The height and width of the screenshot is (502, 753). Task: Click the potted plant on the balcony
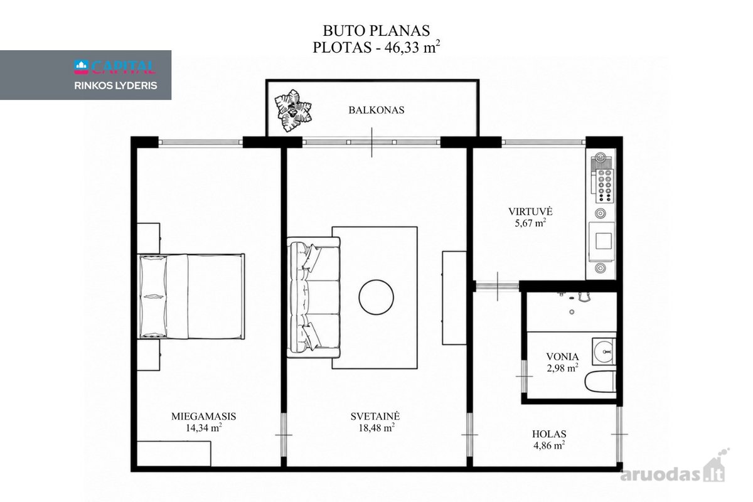pyautogui.click(x=293, y=110)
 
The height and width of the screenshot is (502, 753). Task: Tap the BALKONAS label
pyautogui.click(x=376, y=110)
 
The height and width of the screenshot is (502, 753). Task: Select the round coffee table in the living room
pyautogui.click(x=376, y=297)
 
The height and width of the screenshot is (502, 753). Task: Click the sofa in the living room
pyautogui.click(x=313, y=297)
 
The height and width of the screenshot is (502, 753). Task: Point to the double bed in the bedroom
pyautogui.click(x=191, y=296)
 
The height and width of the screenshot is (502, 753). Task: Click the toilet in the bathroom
pyautogui.click(x=601, y=382)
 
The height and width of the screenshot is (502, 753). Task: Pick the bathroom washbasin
pyautogui.click(x=604, y=351)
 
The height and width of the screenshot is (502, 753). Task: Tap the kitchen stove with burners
pyautogui.click(x=604, y=186)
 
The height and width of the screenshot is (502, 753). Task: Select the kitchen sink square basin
pyautogui.click(x=604, y=241)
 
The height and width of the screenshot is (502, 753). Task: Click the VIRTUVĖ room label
pyautogui.click(x=530, y=211)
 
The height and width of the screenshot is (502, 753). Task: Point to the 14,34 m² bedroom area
pyautogui.click(x=204, y=428)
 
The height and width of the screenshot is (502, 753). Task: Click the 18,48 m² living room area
pyautogui.click(x=376, y=428)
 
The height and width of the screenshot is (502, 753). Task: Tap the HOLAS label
pyautogui.click(x=549, y=434)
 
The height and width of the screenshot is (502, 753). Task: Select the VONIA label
pyautogui.click(x=562, y=357)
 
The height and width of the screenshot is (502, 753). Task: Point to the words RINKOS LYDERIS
pyautogui.click(x=115, y=86)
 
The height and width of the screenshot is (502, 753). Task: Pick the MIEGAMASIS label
pyautogui.click(x=204, y=417)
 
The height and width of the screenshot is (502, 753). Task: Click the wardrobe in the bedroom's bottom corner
pyautogui.click(x=174, y=454)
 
